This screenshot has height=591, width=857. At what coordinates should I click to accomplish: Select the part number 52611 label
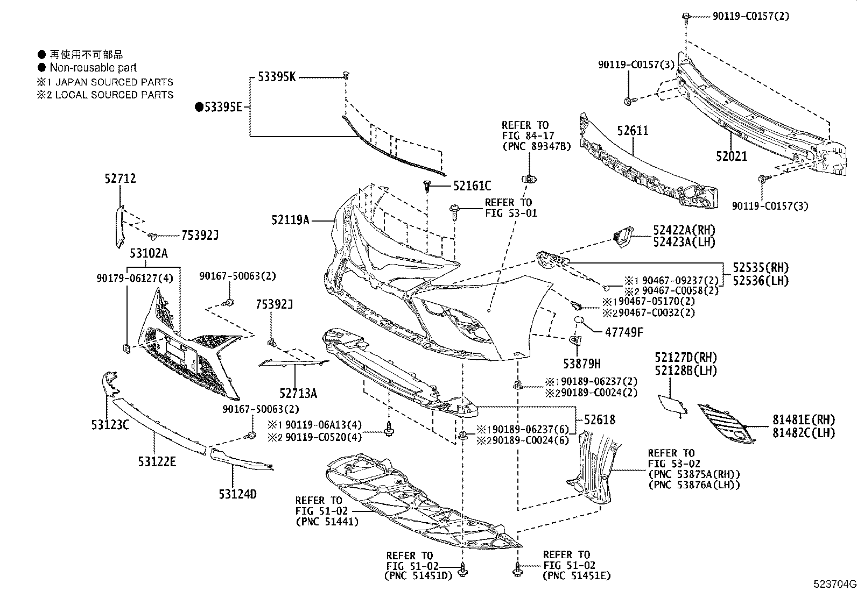click(633, 131)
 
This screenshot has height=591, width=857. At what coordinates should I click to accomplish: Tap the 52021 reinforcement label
click(732, 156)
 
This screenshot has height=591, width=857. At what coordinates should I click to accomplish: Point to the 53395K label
click(276, 77)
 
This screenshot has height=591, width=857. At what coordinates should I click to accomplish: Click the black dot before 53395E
click(199, 108)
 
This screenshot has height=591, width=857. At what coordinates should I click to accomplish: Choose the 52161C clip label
click(472, 186)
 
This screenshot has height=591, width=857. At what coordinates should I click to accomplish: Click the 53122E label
click(157, 461)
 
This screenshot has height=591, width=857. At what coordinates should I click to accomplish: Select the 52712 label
click(120, 179)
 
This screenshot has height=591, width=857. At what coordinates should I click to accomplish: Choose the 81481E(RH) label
click(798, 420)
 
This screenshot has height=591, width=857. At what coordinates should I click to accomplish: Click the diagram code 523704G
click(834, 584)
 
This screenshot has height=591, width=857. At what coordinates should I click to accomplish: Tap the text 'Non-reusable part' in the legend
click(93, 68)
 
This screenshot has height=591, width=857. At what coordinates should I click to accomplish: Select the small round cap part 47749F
click(579, 321)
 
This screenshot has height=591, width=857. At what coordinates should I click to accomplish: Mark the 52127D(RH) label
click(686, 358)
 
